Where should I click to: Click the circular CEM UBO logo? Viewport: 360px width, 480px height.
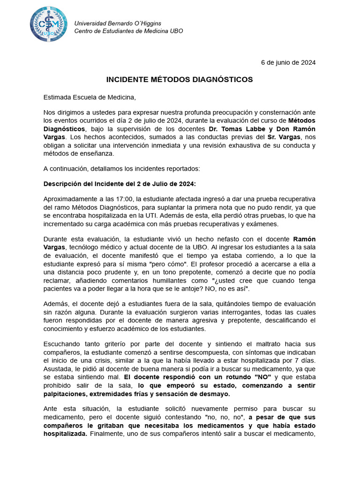pyautogui.click(x=48, y=24)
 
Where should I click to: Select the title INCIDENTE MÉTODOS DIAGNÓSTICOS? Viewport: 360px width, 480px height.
pyautogui.click(x=180, y=80)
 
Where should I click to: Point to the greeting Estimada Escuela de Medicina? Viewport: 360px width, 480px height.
pyautogui.click(x=90, y=97)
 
